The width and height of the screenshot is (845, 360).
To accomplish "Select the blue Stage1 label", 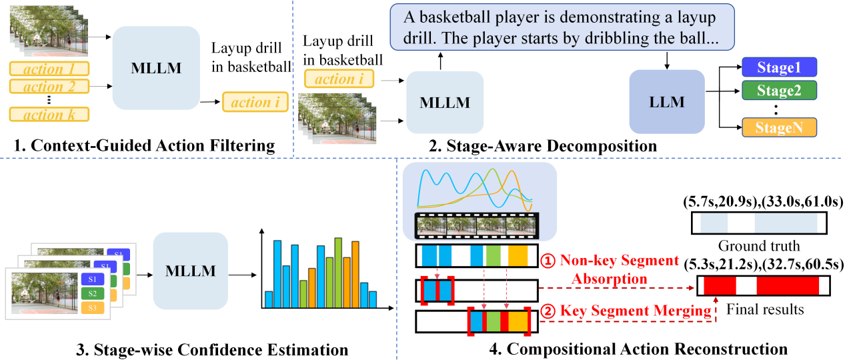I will tap(779, 67).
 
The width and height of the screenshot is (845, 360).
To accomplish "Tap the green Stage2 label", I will tap(779, 90).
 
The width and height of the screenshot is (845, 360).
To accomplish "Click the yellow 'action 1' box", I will tap(49, 69).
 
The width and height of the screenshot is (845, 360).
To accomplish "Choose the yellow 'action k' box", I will tap(49, 115).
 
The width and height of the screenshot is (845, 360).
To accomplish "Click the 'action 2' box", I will tap(49, 87).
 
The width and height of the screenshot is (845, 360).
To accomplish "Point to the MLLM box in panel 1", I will tap(156, 69).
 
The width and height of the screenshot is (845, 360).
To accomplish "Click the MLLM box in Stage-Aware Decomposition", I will tap(445, 103).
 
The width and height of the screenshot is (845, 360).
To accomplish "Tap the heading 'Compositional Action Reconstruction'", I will tap(628, 348).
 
